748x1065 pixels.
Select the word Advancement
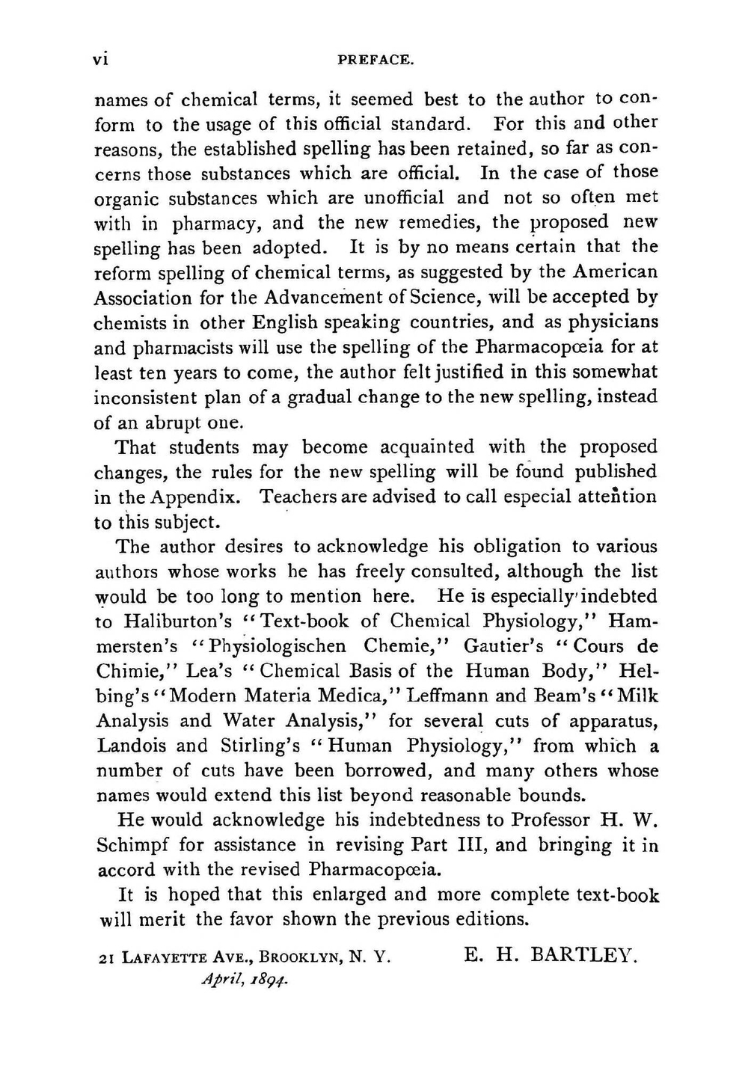[x=325, y=298]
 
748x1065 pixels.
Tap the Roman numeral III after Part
[x=471, y=845]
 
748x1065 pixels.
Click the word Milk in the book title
[x=637, y=696]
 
